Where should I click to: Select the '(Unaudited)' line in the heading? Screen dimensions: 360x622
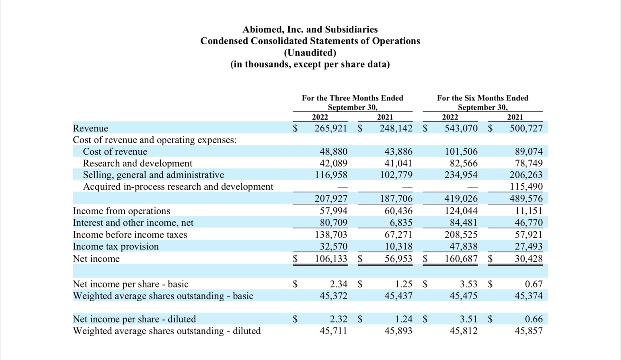pos(310,53)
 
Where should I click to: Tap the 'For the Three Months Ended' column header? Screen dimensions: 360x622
pos(352,98)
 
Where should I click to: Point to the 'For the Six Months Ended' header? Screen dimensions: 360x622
pos(482,98)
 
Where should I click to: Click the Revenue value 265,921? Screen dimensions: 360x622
pos(331,128)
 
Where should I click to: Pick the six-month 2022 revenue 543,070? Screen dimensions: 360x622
pos(461,128)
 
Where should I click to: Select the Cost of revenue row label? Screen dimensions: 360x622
pos(115,151)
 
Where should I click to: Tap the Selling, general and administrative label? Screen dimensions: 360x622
pos(153,175)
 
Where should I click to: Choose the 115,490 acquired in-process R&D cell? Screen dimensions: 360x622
pos(526,186)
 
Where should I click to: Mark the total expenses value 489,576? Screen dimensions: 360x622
pos(526,198)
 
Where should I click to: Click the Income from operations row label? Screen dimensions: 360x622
pos(121,211)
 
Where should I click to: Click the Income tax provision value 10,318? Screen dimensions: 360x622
pos(398,246)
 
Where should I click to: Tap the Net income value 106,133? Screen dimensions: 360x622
pos(331,258)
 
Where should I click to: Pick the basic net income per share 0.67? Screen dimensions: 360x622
pos(534,284)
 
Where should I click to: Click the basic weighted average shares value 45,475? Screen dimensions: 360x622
pos(463,296)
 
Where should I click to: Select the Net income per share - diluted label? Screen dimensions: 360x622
pos(134,319)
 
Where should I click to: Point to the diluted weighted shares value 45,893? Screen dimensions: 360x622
pos(398,331)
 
